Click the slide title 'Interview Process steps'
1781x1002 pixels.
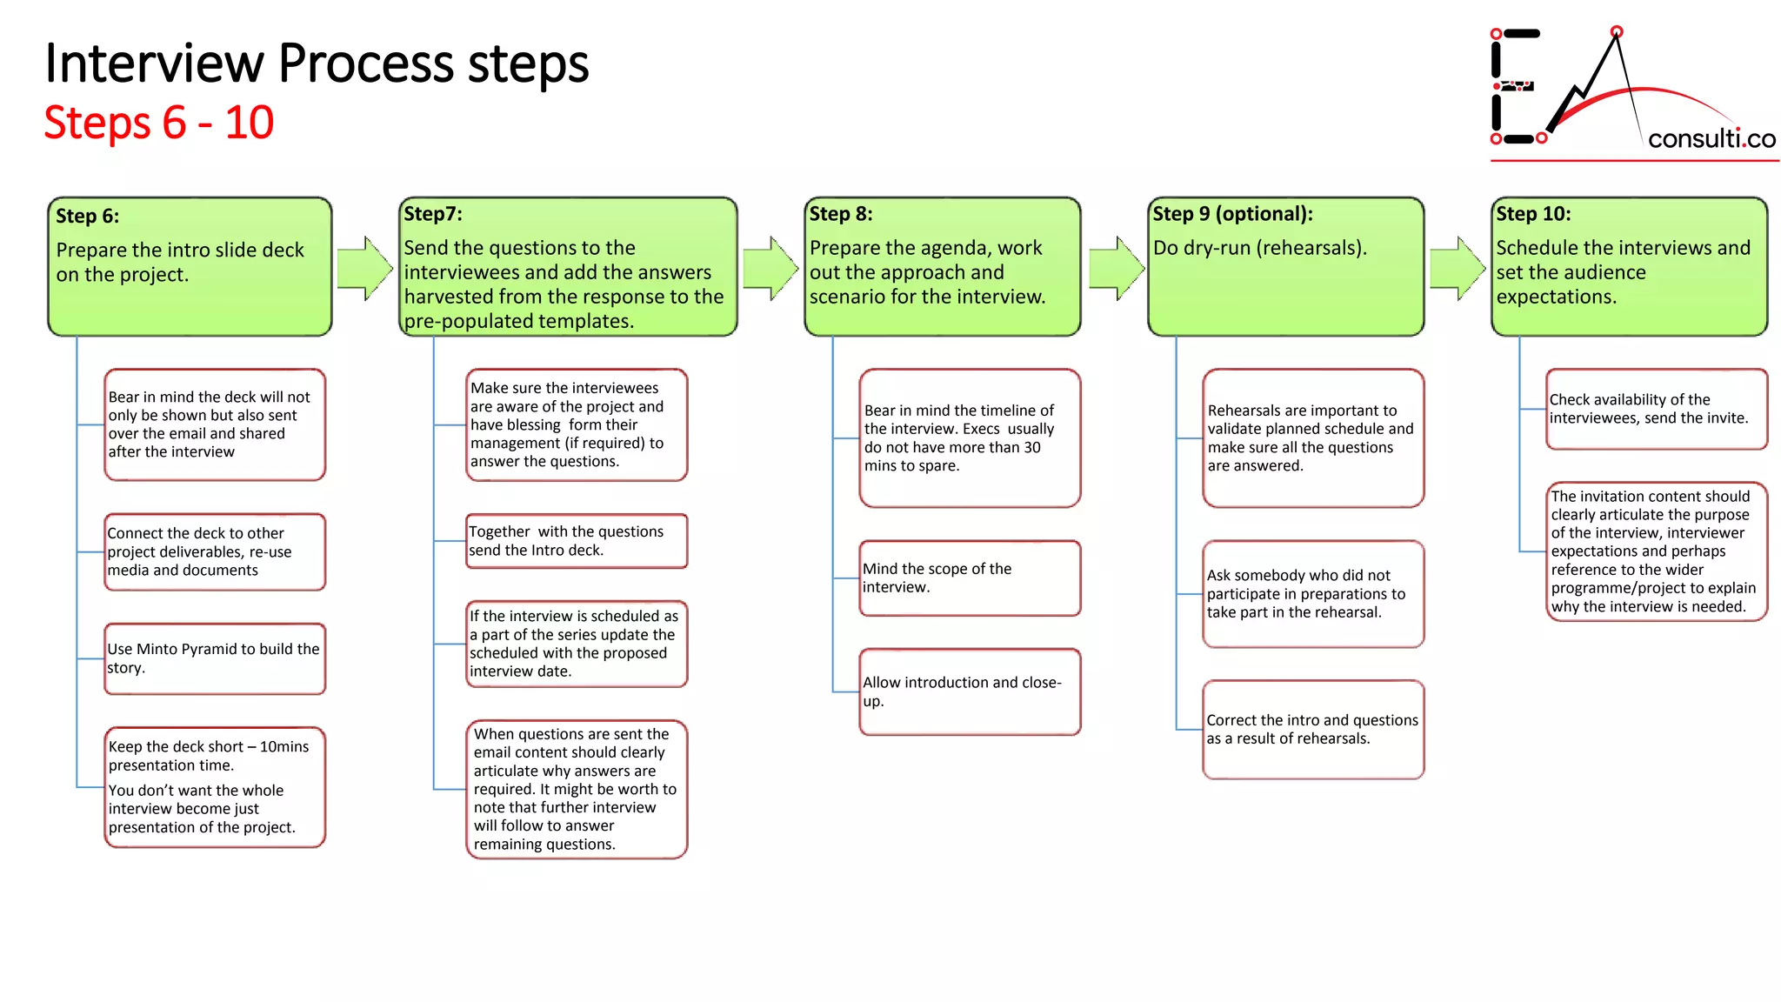(x=317, y=63)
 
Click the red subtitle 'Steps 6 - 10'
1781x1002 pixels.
(x=159, y=123)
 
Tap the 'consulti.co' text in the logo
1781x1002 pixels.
(x=1711, y=138)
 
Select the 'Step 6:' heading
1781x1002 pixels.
(x=88, y=217)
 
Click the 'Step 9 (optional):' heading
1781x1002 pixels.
(x=1232, y=214)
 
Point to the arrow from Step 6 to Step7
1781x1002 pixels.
(x=364, y=268)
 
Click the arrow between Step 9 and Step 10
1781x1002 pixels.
(x=1457, y=268)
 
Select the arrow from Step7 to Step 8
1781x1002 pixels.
(x=770, y=268)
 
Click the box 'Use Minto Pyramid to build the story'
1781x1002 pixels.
(x=215, y=658)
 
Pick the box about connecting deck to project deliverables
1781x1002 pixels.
(x=215, y=551)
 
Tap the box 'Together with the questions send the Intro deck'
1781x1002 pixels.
(x=577, y=541)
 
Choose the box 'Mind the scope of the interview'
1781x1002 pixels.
(x=970, y=578)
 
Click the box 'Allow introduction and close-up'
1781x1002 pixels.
(x=970, y=691)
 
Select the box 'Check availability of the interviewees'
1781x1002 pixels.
(x=1656, y=409)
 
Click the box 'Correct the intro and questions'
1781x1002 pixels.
(x=1313, y=729)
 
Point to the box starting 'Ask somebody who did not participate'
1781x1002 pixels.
(x=1313, y=594)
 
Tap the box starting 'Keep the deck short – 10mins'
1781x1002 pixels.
(x=215, y=787)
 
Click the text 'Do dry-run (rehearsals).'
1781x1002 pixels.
(x=1259, y=249)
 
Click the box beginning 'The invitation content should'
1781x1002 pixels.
(x=1656, y=551)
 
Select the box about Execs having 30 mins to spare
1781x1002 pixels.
(x=970, y=438)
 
